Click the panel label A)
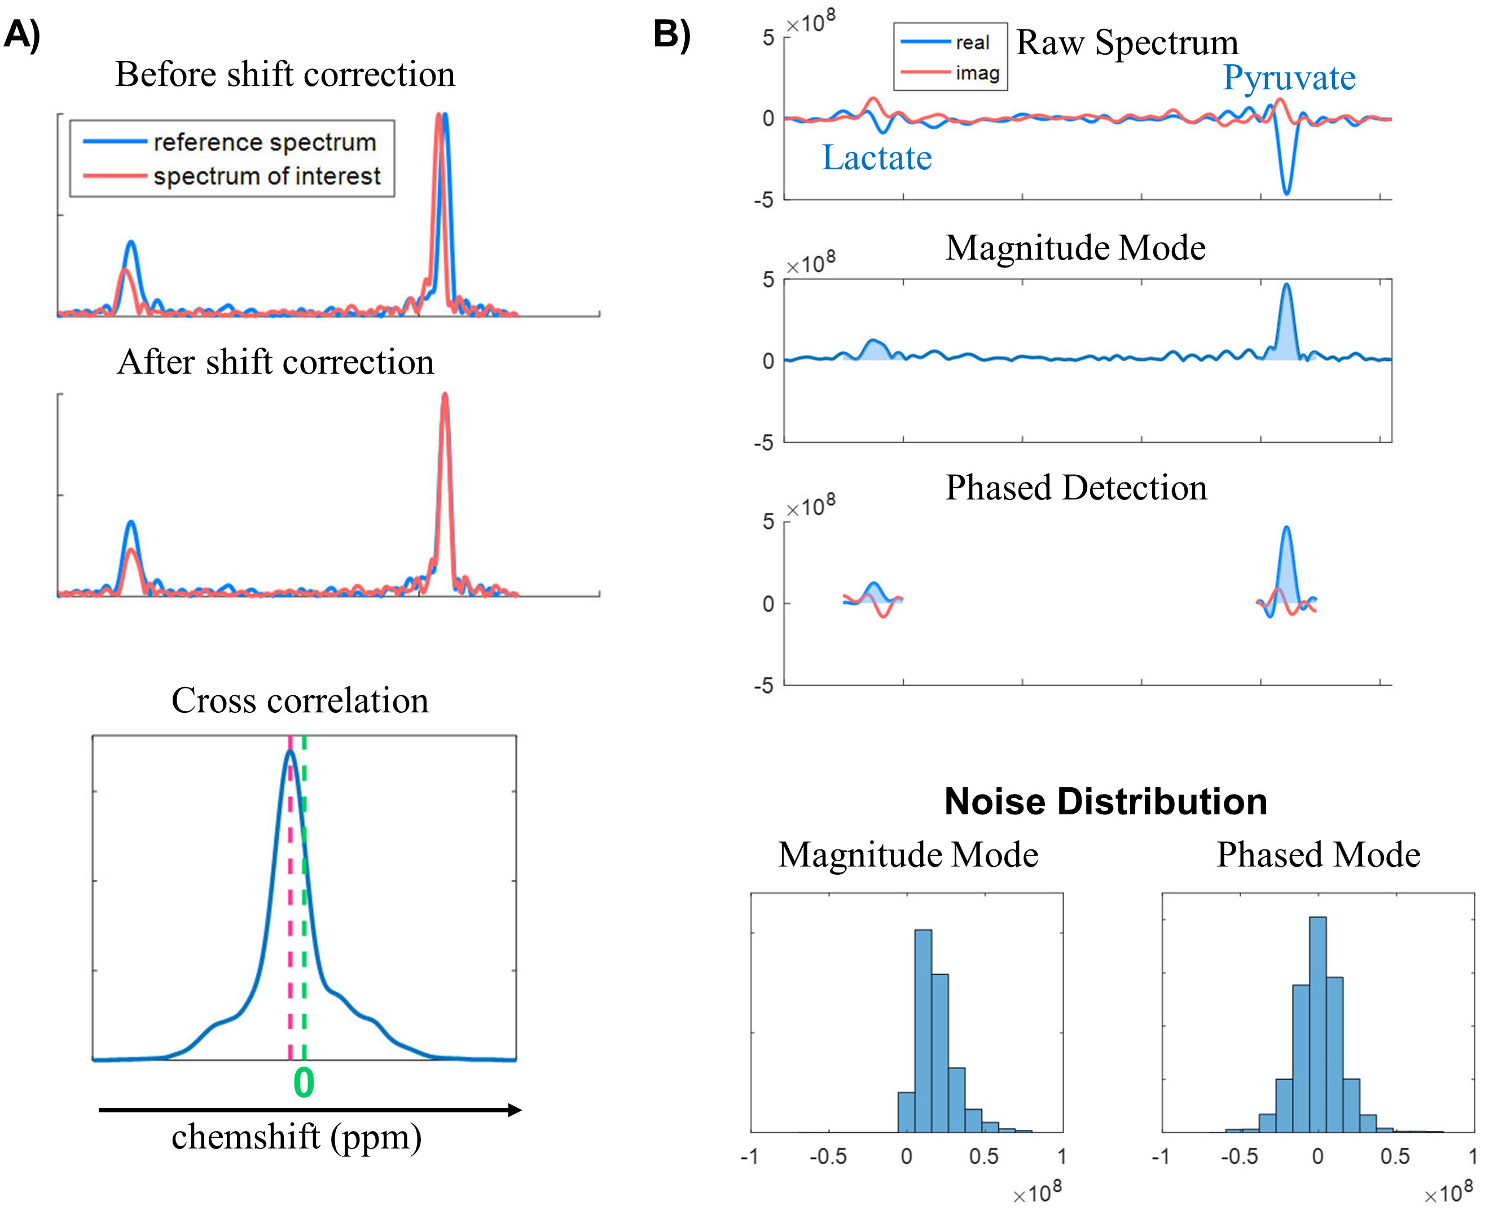[x=23, y=35]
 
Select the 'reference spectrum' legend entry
[x=264, y=142]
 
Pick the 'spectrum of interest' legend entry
[x=267, y=176]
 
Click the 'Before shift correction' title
[x=285, y=74]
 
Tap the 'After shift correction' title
[x=275, y=362]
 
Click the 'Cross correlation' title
[x=300, y=700]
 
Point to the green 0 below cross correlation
[x=304, y=1083]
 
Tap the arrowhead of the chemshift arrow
[x=515, y=1110]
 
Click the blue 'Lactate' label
[x=876, y=157]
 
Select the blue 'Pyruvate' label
[x=1289, y=78]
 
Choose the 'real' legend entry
[x=972, y=42]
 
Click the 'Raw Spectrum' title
[x=1127, y=43]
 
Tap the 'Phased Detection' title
[x=1075, y=488]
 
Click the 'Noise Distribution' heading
[x=1105, y=801]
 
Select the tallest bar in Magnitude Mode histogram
[x=922, y=1032]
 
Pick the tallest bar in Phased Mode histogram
[x=1318, y=1024]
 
